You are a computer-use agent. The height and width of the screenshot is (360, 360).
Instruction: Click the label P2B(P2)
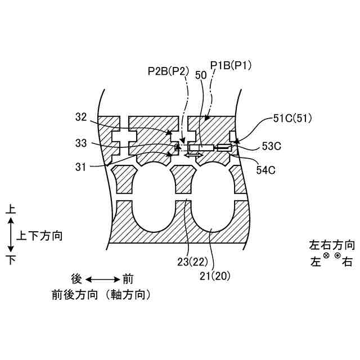pyautogui.click(x=168, y=71)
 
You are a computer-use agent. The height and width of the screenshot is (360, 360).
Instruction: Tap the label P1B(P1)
pyautogui.click(x=231, y=65)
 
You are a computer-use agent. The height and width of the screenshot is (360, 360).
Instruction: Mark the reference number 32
pyautogui.click(x=82, y=118)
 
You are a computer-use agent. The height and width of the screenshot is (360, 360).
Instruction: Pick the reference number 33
pyautogui.click(x=82, y=143)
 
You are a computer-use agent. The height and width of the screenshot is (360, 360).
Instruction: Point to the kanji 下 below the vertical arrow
pyautogui.click(x=10, y=259)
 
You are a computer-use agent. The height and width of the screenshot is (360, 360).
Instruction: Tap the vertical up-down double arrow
pyautogui.click(x=10, y=235)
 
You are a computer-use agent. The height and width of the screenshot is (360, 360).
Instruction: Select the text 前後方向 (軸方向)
pyautogui.click(x=102, y=294)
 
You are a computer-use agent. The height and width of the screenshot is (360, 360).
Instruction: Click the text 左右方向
pyautogui.click(x=332, y=245)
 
